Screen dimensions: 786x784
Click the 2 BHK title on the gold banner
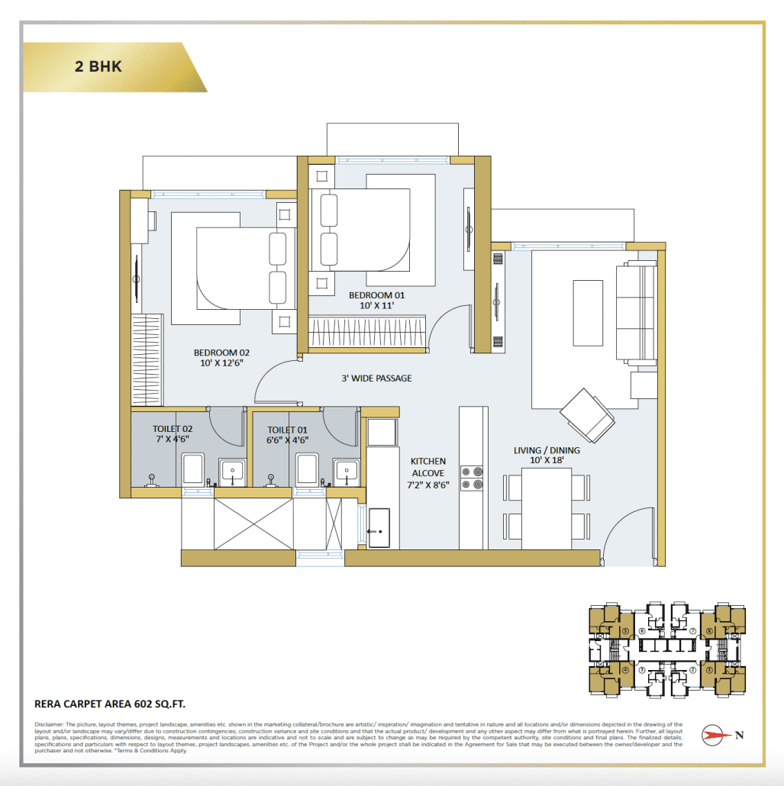pos(98,66)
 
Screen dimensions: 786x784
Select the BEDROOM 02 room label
pos(221,358)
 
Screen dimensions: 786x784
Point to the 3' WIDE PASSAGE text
pos(376,378)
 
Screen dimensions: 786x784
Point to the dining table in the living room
pos(547,507)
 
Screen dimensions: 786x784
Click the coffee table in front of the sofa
pos(587,301)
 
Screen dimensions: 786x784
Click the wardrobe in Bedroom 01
pos(367,333)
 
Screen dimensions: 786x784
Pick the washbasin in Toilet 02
pos(232,471)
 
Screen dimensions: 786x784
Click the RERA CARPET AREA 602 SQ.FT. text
pos(110,704)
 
